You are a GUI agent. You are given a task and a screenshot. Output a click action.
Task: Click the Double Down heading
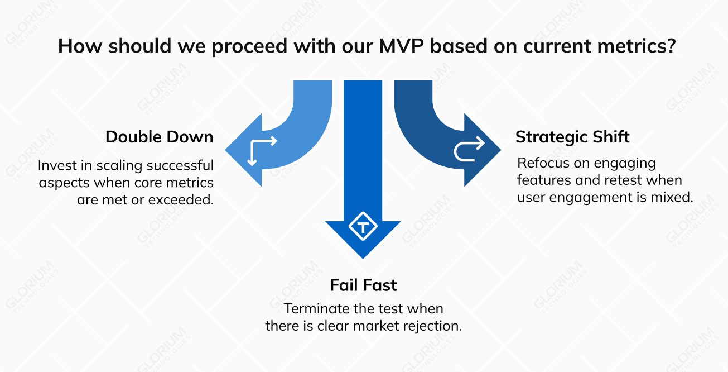click(159, 137)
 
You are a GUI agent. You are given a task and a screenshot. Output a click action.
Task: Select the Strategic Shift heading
click(572, 137)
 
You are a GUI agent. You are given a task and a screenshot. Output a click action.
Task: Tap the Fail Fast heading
click(363, 285)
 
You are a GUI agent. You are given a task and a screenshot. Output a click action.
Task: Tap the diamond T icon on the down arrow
click(363, 227)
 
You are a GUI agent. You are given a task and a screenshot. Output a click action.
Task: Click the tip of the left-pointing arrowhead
click(226, 150)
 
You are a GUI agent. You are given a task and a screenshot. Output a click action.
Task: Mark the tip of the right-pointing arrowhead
click(500, 150)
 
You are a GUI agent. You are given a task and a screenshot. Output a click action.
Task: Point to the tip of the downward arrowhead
click(363, 257)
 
